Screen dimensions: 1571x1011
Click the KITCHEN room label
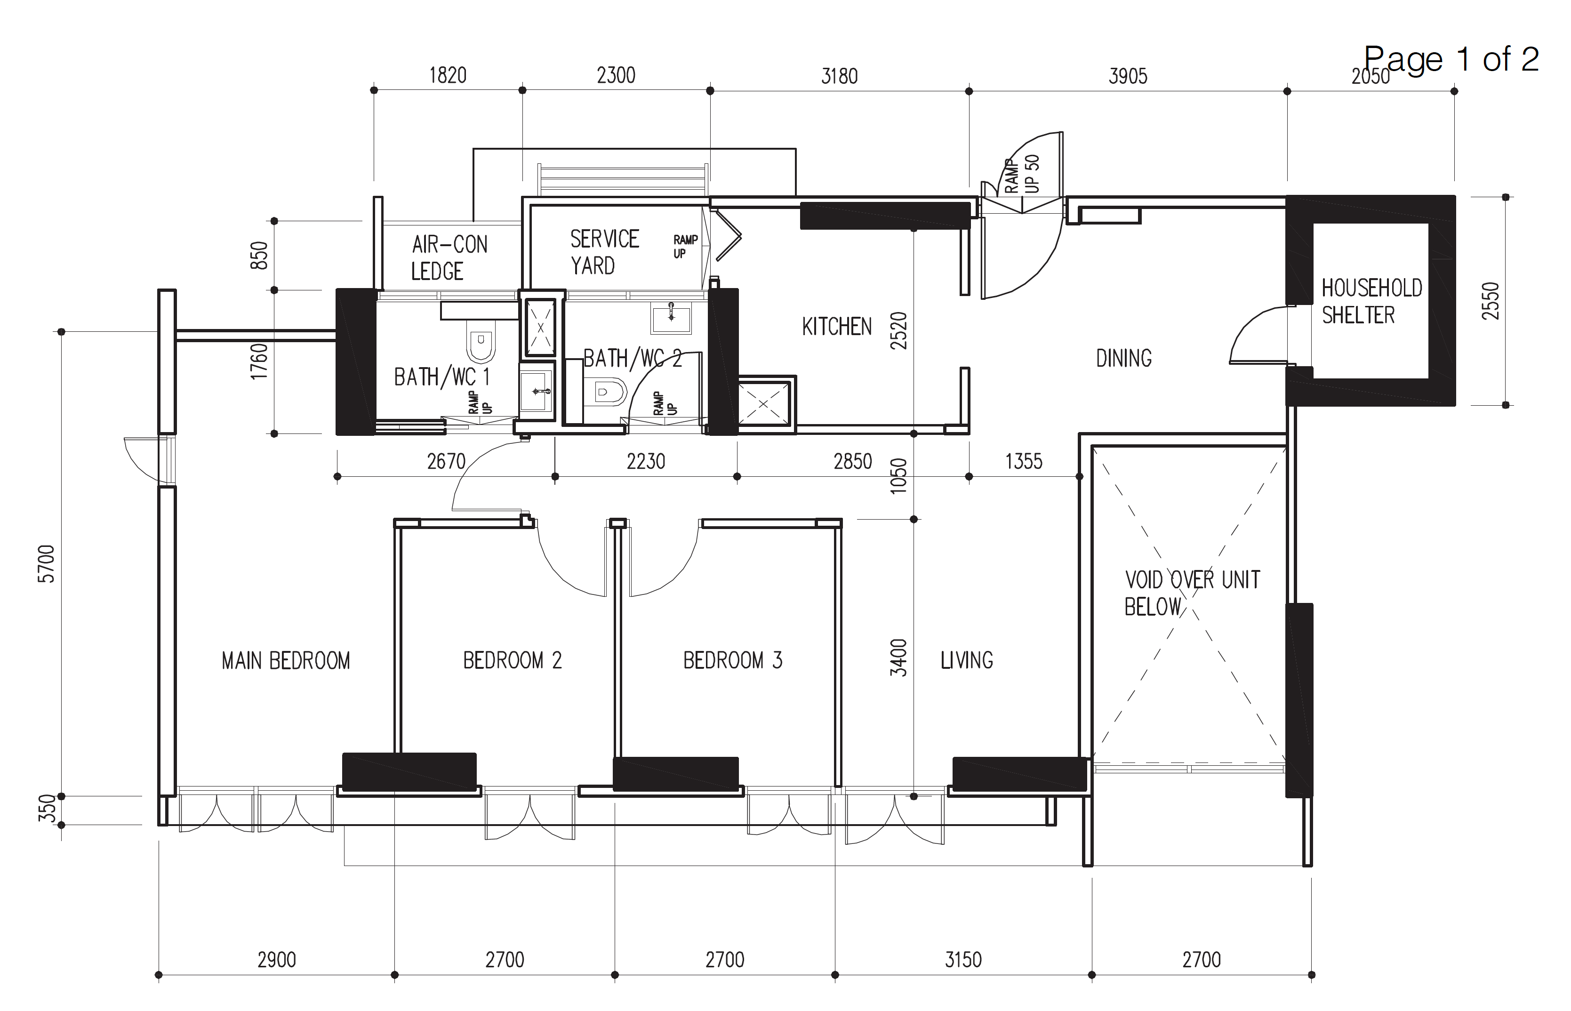click(x=836, y=326)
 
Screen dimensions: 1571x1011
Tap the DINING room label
click(x=1123, y=359)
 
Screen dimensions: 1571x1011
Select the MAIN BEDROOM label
click(x=286, y=660)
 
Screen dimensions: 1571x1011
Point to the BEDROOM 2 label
click(x=512, y=660)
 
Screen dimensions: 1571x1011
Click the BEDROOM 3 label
click(x=733, y=660)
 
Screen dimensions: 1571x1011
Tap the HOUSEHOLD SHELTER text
click(x=1371, y=301)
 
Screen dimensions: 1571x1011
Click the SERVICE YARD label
click(x=604, y=252)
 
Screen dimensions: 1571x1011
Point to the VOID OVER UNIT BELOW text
click(x=1192, y=593)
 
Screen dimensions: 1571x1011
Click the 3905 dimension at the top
click(x=1128, y=76)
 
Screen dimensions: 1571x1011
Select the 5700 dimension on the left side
click(x=47, y=563)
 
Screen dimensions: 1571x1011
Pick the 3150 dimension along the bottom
click(x=963, y=960)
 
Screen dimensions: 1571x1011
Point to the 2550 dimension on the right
click(x=1491, y=301)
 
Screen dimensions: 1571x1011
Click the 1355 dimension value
click(x=1024, y=462)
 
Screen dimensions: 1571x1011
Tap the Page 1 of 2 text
click(x=1451, y=59)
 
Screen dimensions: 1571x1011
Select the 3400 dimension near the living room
click(x=898, y=657)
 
